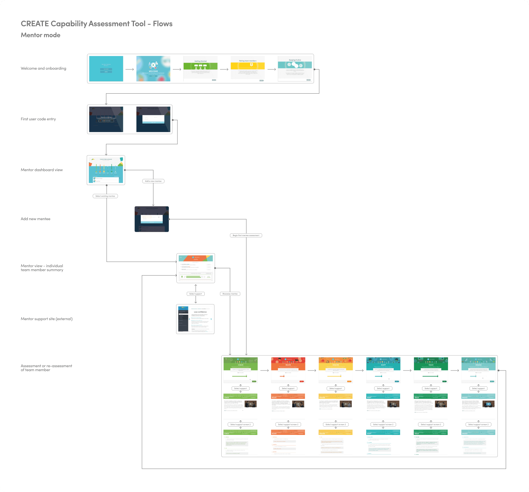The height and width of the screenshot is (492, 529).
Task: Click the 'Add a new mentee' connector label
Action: click(153, 181)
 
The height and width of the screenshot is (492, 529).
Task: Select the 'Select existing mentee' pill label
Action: click(105, 196)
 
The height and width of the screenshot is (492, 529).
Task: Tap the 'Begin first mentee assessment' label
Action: click(246, 235)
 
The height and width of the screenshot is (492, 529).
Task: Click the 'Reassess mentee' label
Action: click(230, 294)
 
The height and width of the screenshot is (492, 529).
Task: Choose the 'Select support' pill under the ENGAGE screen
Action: click(478, 388)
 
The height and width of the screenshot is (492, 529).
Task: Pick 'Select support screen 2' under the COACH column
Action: click(241, 425)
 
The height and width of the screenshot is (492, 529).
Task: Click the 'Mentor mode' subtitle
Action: click(41, 35)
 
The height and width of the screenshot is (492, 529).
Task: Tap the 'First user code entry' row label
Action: click(38, 119)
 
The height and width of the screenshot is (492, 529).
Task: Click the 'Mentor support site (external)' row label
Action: click(47, 319)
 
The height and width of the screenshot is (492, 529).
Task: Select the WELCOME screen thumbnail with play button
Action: click(153, 69)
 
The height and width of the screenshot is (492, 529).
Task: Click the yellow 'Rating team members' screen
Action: click(248, 69)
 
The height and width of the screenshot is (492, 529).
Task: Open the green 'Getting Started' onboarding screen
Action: click(200, 69)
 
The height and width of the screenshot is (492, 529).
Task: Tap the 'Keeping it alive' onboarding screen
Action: click(295, 69)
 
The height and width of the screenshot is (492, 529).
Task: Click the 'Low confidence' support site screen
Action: click(195, 319)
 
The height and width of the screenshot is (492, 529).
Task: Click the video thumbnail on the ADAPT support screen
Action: click(393, 404)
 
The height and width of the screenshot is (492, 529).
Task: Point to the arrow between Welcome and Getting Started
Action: click(177, 69)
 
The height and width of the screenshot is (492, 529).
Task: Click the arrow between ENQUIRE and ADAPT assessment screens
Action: click(359, 370)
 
